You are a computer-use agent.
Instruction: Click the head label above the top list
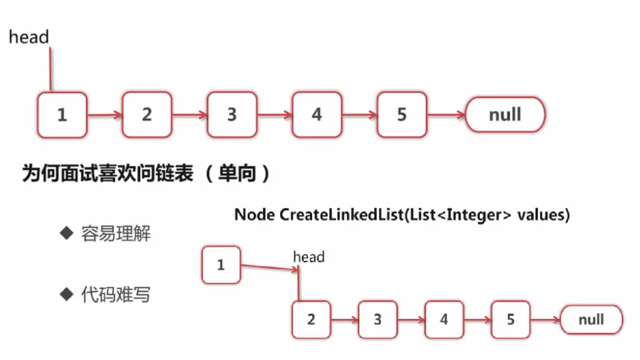29,37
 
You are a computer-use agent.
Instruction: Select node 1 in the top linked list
62,114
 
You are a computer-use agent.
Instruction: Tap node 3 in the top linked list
232,114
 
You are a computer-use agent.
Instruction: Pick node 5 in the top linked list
401,114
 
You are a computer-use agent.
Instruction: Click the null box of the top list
505,114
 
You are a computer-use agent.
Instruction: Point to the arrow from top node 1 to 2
105,114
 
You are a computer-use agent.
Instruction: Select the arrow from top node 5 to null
445,114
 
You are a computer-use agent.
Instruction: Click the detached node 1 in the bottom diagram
221,265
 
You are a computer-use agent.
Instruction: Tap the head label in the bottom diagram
309,257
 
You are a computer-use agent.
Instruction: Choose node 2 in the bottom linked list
311,320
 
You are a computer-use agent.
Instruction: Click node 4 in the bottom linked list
444,320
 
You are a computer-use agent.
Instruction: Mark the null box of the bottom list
591,320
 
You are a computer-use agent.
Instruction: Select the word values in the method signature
541,215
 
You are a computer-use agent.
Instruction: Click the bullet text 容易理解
116,234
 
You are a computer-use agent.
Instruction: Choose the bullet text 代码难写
116,295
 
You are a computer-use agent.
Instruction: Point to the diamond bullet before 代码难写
66,294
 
